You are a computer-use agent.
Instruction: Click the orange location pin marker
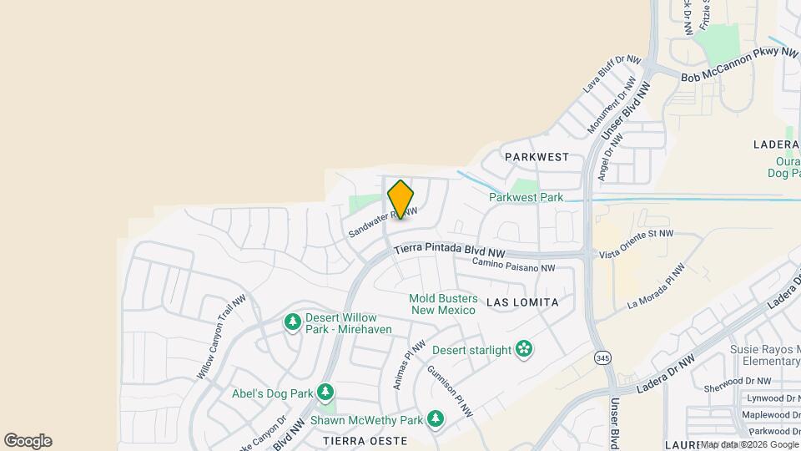pos(400,200)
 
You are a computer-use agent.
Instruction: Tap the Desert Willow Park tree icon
pos(292,322)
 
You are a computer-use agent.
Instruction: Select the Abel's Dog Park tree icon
pos(325,392)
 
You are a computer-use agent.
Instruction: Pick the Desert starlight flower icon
pos(524,349)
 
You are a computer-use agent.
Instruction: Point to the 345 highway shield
pos(601,358)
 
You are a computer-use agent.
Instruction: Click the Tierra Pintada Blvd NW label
pos(450,250)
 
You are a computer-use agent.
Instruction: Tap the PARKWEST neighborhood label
pos(537,157)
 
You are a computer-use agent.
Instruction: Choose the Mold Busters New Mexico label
pos(443,304)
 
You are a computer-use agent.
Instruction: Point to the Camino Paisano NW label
pos(513,265)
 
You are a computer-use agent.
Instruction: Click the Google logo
pos(28,441)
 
